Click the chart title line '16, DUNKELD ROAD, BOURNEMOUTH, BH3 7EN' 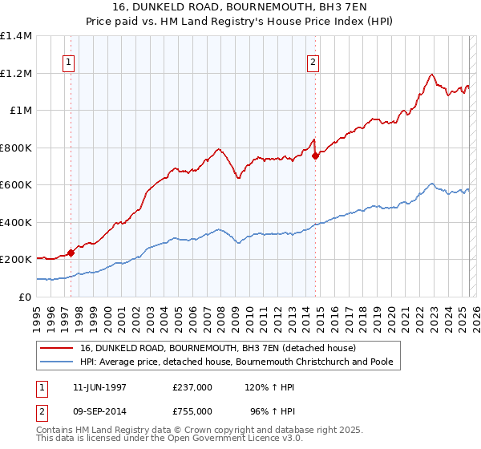pyautogui.click(x=241, y=7)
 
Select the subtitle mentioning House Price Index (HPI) pyautogui.click(x=241, y=21)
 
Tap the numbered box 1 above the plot pyautogui.click(x=69, y=63)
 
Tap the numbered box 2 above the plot pyautogui.click(x=313, y=63)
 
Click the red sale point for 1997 pyautogui.click(x=71, y=253)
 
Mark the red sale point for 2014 pyautogui.click(x=315, y=156)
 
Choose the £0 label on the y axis pyautogui.click(x=23, y=297)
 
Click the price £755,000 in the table pyautogui.click(x=192, y=411)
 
